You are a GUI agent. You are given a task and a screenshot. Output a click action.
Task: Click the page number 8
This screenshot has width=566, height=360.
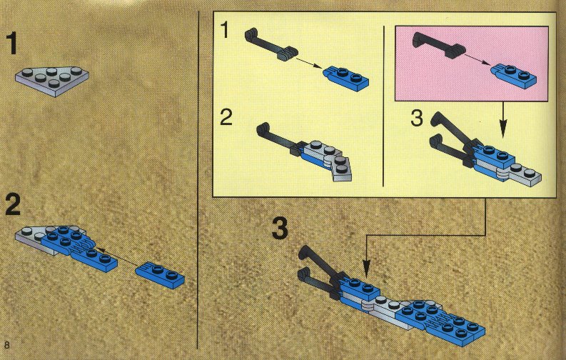tap(7, 345)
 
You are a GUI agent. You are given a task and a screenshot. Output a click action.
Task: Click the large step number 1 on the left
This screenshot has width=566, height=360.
tap(13, 44)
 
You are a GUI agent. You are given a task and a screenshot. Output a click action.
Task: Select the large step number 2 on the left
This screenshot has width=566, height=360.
tap(13, 205)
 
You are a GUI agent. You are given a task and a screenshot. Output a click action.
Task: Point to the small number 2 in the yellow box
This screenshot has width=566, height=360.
tap(226, 117)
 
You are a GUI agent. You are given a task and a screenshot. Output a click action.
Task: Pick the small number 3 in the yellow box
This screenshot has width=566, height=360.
tap(417, 118)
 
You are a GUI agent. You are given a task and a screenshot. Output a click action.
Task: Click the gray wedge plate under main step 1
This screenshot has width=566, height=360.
tap(52, 81)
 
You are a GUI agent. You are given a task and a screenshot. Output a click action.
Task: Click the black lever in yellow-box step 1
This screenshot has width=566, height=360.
tap(271, 45)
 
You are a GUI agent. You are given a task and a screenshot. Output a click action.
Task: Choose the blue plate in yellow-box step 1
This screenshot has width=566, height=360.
tap(346, 78)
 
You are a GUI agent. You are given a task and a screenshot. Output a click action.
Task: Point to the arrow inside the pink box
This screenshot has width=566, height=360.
tap(477, 59)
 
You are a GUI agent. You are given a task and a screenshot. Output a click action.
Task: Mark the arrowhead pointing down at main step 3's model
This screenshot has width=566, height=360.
tap(366, 269)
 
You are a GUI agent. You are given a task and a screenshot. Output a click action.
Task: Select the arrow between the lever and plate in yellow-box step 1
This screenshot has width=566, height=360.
tap(308, 61)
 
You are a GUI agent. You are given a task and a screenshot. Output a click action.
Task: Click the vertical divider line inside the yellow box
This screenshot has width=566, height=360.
tap(384, 106)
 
